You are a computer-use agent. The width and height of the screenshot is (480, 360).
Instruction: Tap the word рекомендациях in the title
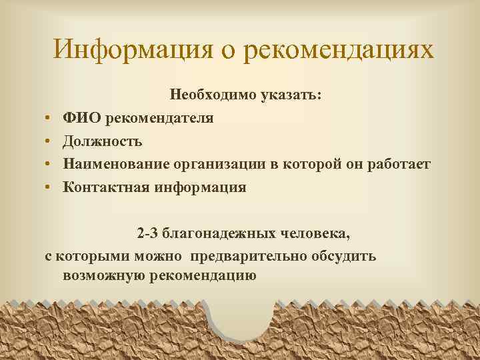(339, 51)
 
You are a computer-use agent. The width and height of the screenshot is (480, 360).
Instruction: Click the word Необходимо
(211, 95)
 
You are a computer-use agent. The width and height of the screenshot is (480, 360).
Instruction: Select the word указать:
(291, 95)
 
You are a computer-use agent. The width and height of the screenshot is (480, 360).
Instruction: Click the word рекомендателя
(157, 119)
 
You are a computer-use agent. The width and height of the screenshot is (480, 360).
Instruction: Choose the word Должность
(102, 141)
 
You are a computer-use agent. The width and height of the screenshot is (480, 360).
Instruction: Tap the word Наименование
(117, 164)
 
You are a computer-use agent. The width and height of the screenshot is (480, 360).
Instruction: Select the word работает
(398, 164)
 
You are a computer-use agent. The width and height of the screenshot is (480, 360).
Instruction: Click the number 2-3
(149, 234)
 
